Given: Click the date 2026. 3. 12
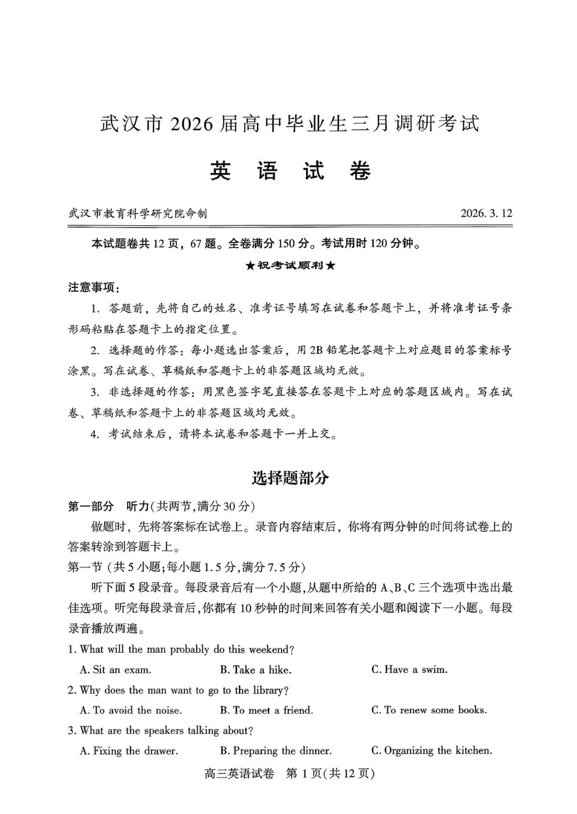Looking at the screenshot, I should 486,214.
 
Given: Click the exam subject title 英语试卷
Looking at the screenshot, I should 290,171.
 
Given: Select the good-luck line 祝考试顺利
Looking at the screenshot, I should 290,265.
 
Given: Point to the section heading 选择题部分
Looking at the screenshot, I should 290,478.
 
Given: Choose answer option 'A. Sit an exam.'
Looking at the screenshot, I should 115,670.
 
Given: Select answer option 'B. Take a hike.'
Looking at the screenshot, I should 255,670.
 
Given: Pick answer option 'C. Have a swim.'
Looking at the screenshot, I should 409,670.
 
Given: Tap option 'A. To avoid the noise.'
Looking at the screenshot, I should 131,710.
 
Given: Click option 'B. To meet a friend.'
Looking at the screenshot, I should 267,710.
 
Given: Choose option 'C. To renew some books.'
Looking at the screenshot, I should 429,710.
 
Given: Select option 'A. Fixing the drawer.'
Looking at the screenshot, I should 129,751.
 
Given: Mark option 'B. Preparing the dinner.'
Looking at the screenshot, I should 276,751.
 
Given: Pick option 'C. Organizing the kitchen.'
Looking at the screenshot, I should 432,751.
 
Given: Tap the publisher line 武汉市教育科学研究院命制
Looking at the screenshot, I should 138,214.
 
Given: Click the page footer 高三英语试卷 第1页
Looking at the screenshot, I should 289,773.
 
